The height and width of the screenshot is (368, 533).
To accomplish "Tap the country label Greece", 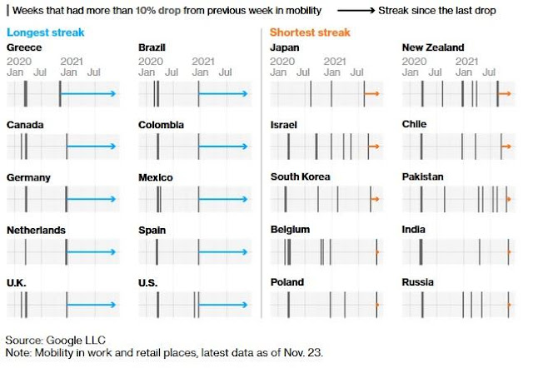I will coord(23,47).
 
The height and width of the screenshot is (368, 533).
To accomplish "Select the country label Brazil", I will coord(152,47).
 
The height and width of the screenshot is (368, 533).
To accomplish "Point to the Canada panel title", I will coord(25,125).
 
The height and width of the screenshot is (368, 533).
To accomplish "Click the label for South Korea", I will coord(300,177).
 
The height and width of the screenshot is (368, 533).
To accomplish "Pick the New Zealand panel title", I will coord(433,47).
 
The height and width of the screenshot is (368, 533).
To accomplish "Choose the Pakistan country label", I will coord(422,177).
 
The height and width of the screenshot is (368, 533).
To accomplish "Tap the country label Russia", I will coord(417,282).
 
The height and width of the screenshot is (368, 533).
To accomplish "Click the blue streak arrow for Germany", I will coord(92,199).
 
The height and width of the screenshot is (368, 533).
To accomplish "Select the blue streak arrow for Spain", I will coord(223,251).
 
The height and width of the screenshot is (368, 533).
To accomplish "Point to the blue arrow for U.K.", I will coord(92,305).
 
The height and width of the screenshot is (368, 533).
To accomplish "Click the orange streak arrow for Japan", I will coord(372,94).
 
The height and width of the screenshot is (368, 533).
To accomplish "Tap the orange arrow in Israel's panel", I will coord(374,147).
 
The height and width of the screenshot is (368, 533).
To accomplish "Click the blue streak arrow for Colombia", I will coord(223,147).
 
